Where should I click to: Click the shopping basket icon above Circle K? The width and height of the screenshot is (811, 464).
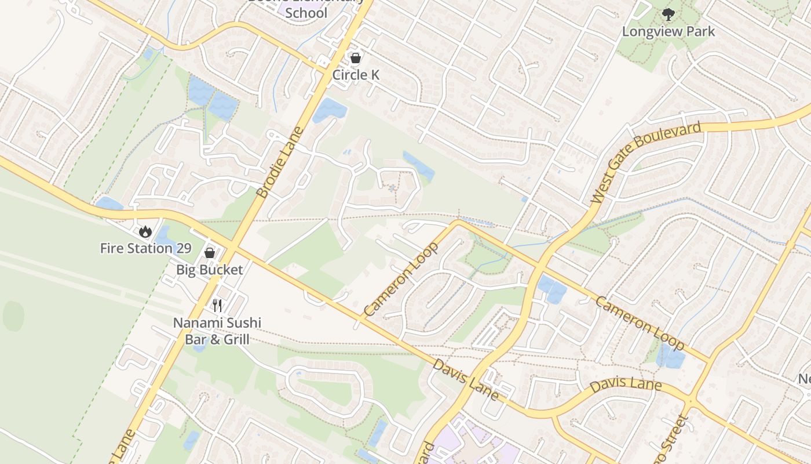356,58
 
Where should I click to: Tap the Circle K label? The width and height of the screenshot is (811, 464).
356,75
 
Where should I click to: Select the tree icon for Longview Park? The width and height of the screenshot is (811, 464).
668,14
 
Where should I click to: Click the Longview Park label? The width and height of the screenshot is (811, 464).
668,31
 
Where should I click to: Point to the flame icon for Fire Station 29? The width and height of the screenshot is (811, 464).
145,231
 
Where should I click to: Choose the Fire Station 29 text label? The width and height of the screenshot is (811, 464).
145,248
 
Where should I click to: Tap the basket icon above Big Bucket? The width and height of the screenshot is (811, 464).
210,253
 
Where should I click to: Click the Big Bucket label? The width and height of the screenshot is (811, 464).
210,270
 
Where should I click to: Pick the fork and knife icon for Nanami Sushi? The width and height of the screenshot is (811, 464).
217,305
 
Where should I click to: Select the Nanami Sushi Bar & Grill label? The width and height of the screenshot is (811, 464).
217,331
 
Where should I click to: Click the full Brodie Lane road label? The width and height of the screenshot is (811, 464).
280,162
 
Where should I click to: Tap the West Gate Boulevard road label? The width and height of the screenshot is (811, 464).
646,162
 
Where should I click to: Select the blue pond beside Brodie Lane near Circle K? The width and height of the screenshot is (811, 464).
329,110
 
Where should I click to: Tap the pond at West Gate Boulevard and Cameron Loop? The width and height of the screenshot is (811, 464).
552,289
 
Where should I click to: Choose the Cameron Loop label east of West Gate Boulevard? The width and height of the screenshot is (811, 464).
640,324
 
